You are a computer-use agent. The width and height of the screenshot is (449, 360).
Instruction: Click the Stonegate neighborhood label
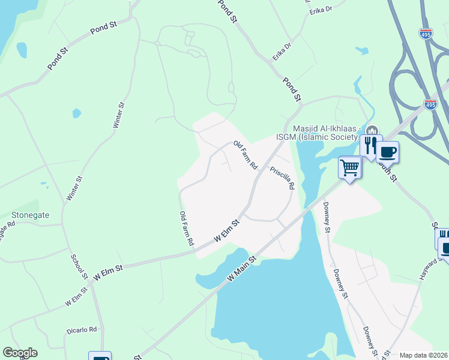click(x=30, y=214)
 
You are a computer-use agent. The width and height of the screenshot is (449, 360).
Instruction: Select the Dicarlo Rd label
click(x=82, y=329)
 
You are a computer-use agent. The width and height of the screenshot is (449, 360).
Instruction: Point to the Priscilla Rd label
click(x=282, y=178)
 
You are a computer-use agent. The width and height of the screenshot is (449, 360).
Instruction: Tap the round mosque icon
click(x=372, y=130)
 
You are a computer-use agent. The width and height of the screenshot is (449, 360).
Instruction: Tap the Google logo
click(x=20, y=353)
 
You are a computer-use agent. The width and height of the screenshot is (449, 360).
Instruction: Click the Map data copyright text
click(x=424, y=355)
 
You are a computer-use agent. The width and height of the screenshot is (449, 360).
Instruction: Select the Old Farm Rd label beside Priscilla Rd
click(x=246, y=155)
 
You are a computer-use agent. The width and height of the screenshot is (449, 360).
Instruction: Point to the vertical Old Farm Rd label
click(x=186, y=228)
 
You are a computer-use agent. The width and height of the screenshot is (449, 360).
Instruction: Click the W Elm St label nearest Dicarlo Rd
click(x=76, y=296)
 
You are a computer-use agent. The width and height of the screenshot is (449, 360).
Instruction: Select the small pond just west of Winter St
click(x=76, y=113)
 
